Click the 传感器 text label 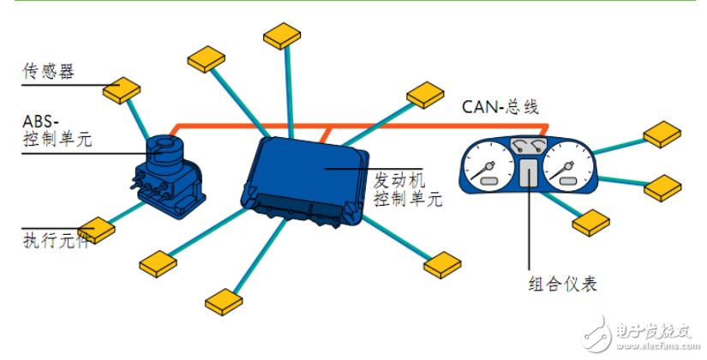point(48,71)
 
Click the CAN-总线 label point(500,106)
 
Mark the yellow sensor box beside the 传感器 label point(122,88)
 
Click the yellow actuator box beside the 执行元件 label point(95,229)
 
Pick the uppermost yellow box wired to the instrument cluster point(663,135)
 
